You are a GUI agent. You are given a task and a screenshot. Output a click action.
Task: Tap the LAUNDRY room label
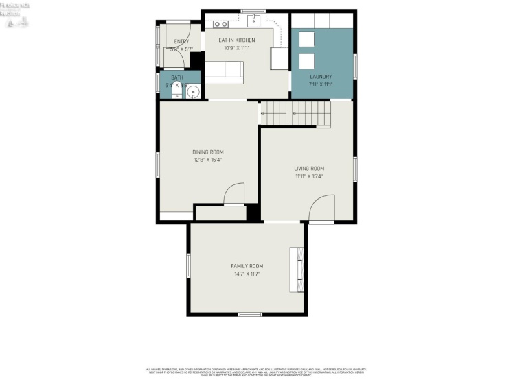[321, 77]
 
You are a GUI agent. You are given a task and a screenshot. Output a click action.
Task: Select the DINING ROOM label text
[207, 152]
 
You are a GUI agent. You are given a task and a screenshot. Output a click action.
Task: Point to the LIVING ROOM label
[309, 168]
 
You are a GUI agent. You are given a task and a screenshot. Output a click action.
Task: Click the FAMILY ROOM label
[247, 266]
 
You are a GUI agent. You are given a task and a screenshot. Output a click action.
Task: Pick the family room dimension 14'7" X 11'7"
[247, 274]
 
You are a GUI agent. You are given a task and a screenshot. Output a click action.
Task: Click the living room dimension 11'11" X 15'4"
[309, 176]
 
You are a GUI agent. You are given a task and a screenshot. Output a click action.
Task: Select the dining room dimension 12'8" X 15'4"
[207, 160]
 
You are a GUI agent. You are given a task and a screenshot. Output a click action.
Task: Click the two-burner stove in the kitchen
[220, 24]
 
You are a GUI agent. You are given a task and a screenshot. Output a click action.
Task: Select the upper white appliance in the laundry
[306, 38]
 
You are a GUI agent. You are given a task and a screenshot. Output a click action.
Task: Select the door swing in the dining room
[234, 194]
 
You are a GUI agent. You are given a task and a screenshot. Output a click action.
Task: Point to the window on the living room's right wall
[355, 169]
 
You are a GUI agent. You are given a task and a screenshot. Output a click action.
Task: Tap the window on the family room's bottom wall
[249, 314]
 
